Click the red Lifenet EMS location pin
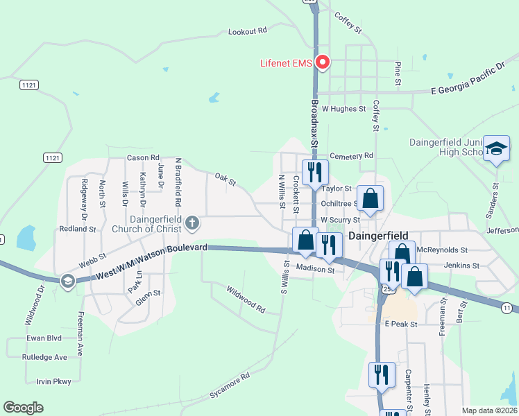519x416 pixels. (x=322, y=62)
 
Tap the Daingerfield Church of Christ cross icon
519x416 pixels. (x=192, y=223)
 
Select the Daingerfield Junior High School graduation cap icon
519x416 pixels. (x=496, y=148)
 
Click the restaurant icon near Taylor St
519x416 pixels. (x=314, y=171)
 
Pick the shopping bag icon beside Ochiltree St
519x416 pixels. (x=371, y=198)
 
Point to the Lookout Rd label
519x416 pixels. (x=248, y=31)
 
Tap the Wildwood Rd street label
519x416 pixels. (x=246, y=298)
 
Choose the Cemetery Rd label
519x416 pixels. (x=352, y=155)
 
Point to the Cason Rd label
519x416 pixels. (x=143, y=157)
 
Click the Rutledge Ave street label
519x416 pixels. (x=44, y=357)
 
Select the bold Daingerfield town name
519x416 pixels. (x=378, y=236)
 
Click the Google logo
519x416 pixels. (x=23, y=408)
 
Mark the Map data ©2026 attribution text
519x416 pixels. (x=489, y=410)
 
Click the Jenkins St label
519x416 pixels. (x=461, y=266)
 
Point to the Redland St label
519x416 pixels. (x=76, y=229)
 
